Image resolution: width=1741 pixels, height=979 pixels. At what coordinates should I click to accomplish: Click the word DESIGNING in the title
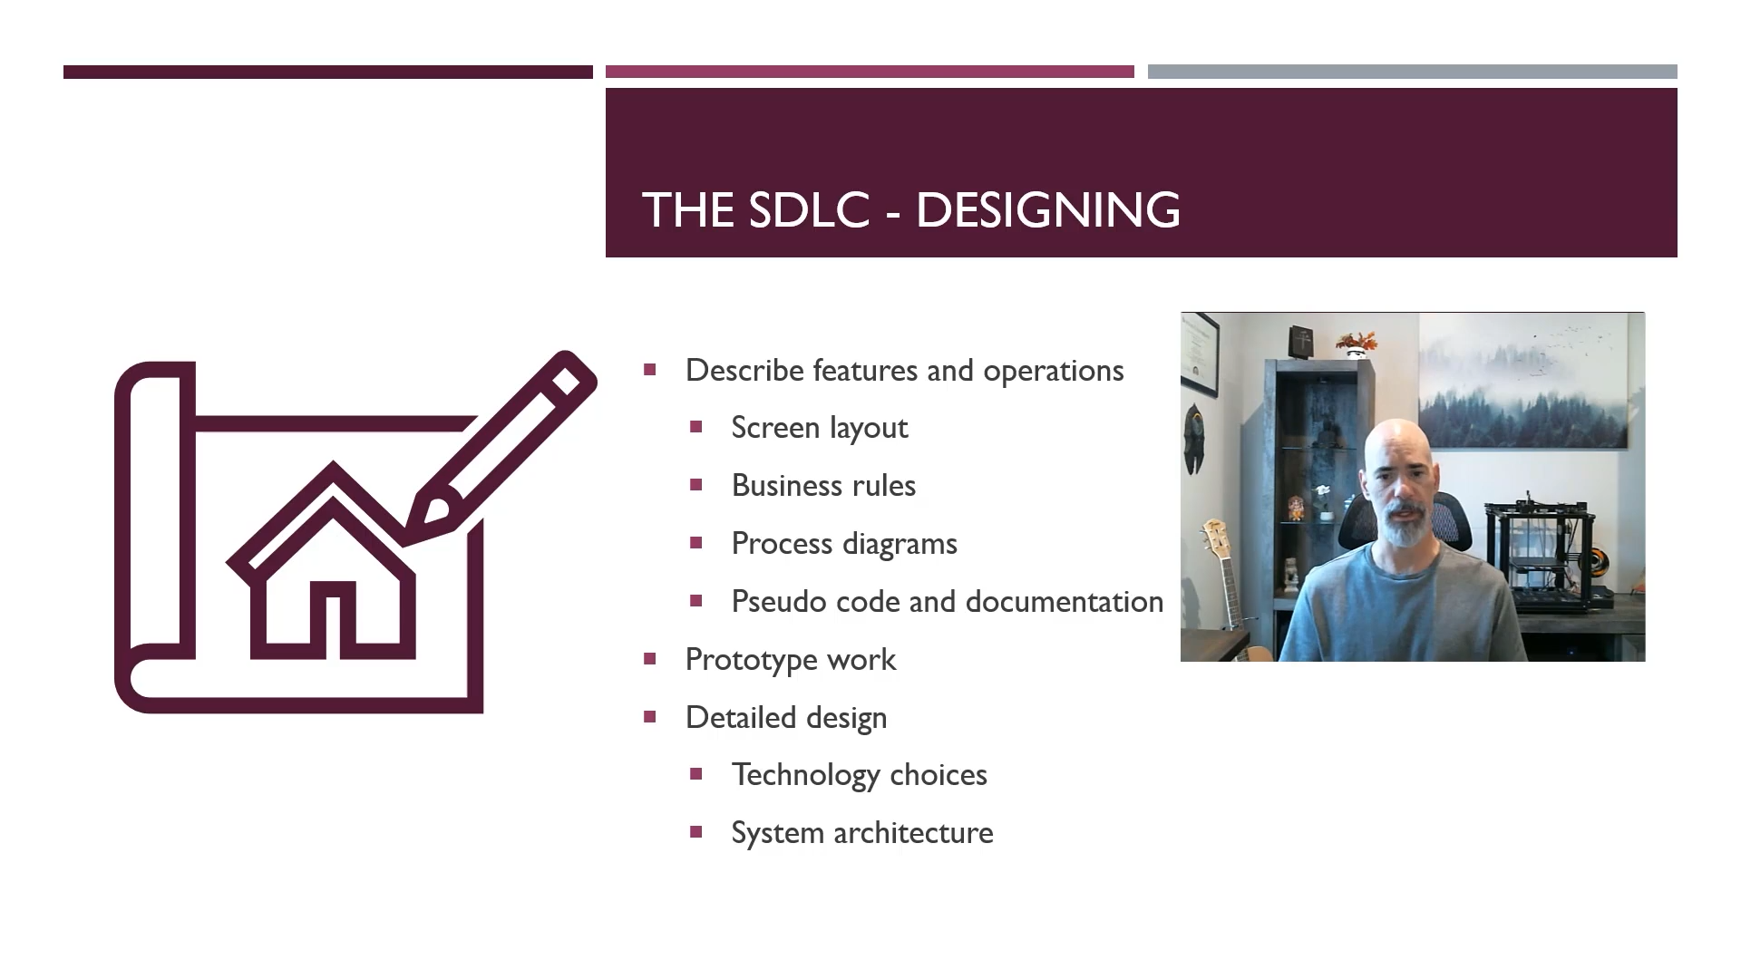click(x=1047, y=209)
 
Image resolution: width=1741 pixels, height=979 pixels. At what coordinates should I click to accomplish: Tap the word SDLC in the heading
click(x=810, y=209)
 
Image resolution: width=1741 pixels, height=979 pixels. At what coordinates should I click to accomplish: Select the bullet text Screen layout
click(x=820, y=428)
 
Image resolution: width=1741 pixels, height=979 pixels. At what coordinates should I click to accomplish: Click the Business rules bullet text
click(x=823, y=486)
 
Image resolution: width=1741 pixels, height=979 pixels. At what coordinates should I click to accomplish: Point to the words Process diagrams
click(x=844, y=544)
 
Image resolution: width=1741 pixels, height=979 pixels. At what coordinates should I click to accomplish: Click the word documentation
click(x=1065, y=602)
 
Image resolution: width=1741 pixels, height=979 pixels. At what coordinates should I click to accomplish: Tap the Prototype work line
click(x=791, y=660)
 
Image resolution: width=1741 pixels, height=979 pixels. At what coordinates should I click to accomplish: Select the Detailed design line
click(x=786, y=718)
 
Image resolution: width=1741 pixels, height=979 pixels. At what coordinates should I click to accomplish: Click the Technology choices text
click(x=860, y=775)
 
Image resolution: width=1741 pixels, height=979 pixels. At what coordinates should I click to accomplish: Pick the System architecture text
click(x=862, y=833)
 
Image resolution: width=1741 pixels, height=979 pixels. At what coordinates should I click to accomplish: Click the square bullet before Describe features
click(x=649, y=370)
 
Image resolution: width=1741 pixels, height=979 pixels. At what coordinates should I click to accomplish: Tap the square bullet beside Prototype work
click(x=649, y=659)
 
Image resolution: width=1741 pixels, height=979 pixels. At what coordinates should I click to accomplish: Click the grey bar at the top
click(x=1413, y=72)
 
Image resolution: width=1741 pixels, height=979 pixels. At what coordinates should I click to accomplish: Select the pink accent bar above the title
click(x=870, y=72)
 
